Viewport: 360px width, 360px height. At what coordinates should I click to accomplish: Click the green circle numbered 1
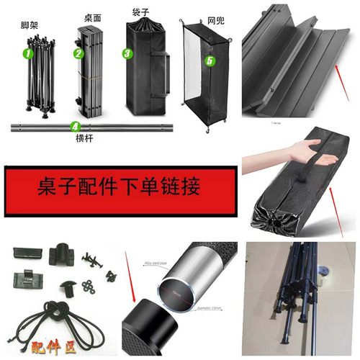click(28, 53)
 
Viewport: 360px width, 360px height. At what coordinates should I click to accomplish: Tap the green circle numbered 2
click(78, 53)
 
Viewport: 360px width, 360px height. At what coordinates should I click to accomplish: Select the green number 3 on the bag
click(127, 53)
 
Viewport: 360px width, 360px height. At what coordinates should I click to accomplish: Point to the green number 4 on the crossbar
click(75, 126)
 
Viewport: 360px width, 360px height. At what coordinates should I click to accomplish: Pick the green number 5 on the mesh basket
click(210, 61)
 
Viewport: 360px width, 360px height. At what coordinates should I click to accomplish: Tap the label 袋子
click(141, 14)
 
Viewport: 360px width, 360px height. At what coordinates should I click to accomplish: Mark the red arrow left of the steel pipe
click(134, 282)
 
